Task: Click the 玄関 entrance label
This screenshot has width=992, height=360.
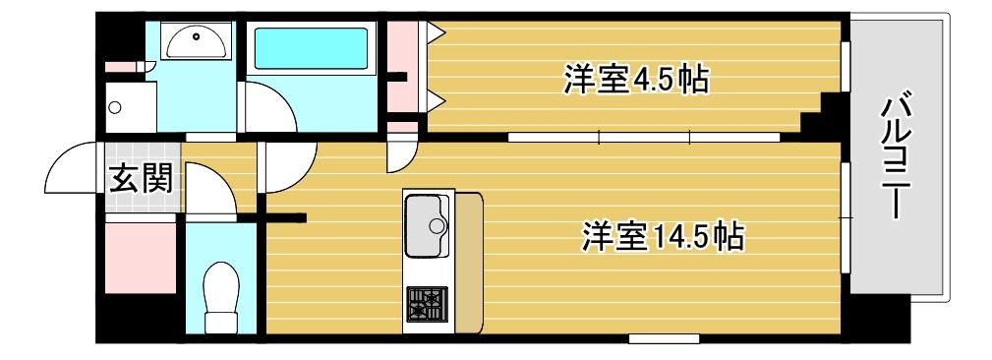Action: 142,178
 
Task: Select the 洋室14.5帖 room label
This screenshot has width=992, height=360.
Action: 661,236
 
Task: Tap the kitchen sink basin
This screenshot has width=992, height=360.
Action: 427,225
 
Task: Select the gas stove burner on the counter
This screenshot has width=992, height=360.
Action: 426,303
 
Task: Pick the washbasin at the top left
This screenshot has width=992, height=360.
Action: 196,41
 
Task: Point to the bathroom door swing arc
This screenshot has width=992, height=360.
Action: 267,108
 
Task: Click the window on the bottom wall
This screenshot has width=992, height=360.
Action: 657,338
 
